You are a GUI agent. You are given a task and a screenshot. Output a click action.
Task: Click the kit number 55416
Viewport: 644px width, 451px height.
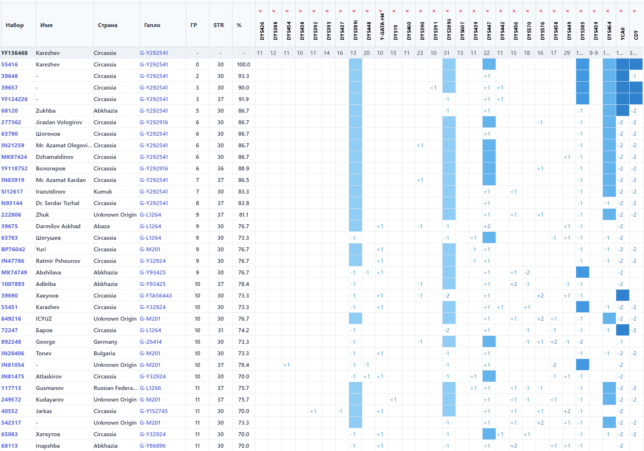coord(10,65)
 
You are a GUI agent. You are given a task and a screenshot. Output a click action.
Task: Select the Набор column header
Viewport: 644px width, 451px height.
coord(15,25)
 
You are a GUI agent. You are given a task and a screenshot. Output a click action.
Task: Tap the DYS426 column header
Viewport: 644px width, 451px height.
coord(262,31)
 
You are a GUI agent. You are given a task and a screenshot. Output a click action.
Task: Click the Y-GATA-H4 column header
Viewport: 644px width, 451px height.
coord(382,27)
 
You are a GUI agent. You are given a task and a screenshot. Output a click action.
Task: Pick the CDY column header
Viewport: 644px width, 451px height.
coord(636,35)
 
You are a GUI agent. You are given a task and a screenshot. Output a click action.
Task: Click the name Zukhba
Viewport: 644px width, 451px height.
coord(46,111)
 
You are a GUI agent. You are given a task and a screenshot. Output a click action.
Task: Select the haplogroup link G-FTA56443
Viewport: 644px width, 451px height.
coord(156,296)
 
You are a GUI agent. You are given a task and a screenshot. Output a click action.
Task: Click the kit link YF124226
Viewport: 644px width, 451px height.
coord(14,99)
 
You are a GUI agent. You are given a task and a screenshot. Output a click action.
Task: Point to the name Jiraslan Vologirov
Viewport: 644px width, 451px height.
coord(59,122)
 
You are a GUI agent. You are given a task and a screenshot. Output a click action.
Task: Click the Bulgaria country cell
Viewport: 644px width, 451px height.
coord(104,354)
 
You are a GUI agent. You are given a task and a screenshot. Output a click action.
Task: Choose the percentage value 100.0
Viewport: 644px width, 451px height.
coord(244,65)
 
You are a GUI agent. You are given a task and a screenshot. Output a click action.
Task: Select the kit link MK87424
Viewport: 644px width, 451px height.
coord(14,157)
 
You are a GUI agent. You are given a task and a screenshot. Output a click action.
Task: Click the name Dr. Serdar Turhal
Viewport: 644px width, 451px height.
coord(58,203)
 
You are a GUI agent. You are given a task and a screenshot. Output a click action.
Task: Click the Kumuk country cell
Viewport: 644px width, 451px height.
coord(103,192)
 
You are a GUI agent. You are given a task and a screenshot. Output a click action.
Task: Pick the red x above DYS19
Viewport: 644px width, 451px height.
coord(394,11)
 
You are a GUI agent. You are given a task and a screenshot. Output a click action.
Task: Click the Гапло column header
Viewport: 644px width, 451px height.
coord(152,25)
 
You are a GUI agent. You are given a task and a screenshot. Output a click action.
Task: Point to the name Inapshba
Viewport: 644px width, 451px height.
coord(48,446)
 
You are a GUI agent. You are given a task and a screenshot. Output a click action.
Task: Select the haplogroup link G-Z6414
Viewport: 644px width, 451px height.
coord(151,342)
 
